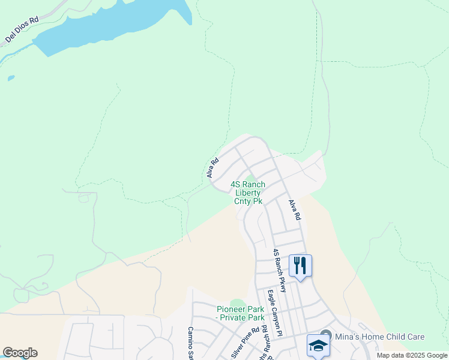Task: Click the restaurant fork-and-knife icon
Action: pos(300,265)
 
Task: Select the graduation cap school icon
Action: pos(318,345)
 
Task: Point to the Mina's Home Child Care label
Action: pos(379,337)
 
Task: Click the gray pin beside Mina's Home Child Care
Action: pos(326,335)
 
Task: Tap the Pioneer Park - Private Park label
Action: pos(241,313)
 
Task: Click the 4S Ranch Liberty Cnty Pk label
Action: pos(248,193)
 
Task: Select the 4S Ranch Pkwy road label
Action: pos(280,270)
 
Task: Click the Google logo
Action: pos(20,353)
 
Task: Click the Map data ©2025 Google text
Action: pos(412,355)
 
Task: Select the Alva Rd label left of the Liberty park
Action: pos(212,167)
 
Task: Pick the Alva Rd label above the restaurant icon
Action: pos(294,210)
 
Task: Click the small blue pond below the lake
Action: pos(11,78)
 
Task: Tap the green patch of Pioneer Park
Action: pos(238,303)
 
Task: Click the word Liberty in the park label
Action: pos(248,193)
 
